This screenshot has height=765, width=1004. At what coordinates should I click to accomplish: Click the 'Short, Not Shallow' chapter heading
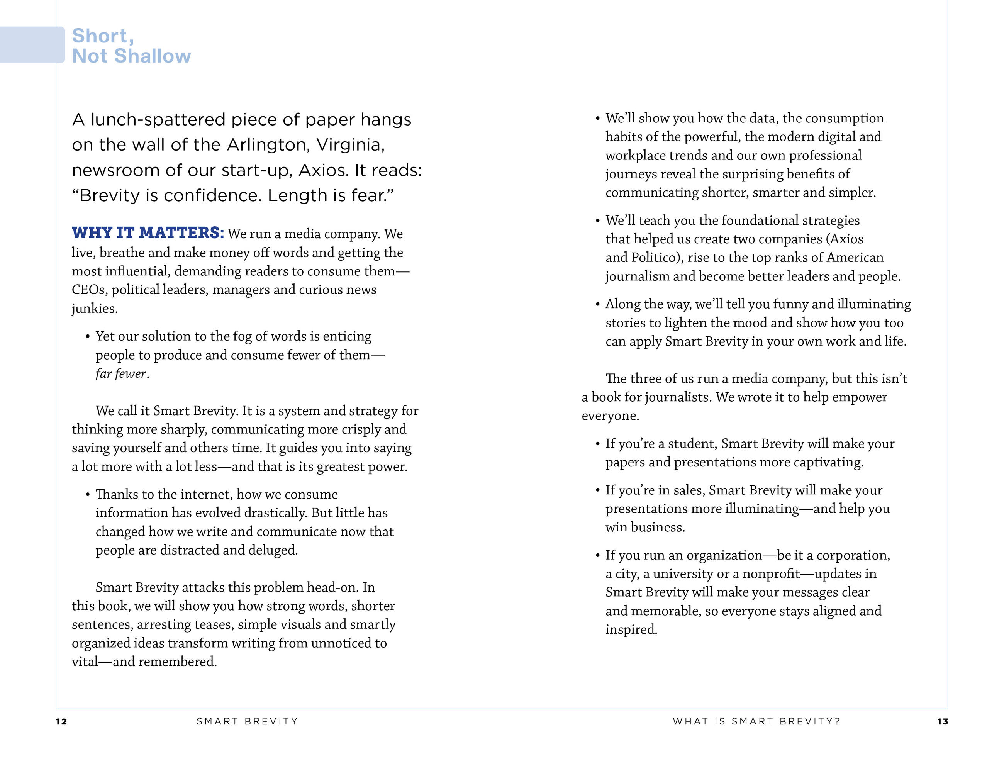(131, 46)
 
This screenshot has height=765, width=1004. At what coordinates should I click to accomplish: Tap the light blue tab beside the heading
(32, 45)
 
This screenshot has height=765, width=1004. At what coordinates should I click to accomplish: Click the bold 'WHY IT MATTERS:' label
(148, 233)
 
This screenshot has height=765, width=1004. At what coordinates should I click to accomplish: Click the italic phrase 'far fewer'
(120, 374)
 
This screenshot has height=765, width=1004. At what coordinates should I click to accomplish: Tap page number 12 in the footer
(61, 721)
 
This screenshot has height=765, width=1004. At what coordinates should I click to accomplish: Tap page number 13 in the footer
(943, 721)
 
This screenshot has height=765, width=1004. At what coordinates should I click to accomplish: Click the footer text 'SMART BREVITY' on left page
(247, 721)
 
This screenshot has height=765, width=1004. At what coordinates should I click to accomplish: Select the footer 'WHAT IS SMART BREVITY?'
(756, 721)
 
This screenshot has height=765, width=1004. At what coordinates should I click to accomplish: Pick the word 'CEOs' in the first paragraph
(89, 290)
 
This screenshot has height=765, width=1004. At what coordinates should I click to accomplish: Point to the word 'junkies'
(94, 309)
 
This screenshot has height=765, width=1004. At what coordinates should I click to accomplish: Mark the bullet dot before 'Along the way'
(597, 304)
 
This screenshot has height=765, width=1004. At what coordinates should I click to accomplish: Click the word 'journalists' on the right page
(678, 397)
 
